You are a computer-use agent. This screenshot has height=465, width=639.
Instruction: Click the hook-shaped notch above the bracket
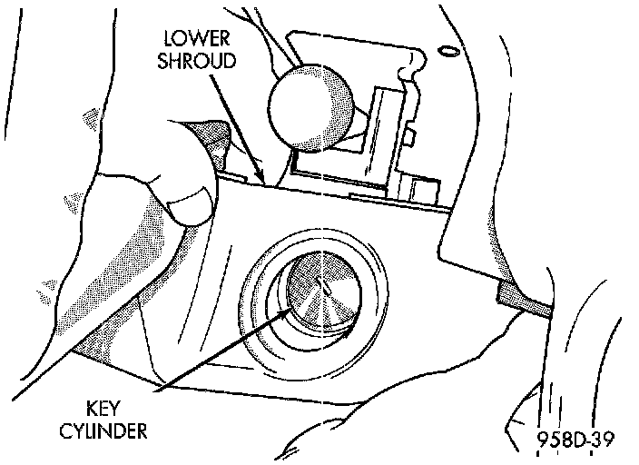(414, 62)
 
